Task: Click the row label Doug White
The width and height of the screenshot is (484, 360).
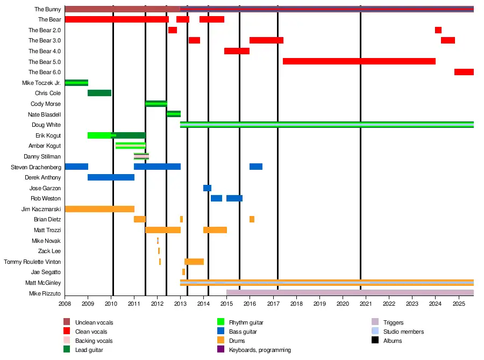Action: click(46, 125)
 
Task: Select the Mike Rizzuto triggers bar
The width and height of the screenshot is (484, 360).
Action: click(350, 293)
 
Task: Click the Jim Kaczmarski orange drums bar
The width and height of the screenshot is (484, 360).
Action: click(99, 209)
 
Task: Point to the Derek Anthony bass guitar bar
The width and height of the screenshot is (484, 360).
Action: click(111, 177)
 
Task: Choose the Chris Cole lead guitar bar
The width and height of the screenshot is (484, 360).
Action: click(99, 93)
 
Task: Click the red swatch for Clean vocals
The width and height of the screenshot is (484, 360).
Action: click(67, 332)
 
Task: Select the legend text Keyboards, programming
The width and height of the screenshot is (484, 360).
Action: click(260, 350)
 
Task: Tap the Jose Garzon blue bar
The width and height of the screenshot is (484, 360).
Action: click(207, 188)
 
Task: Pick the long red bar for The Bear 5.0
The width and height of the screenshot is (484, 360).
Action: click(359, 61)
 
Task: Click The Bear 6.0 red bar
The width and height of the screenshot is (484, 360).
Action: click(464, 72)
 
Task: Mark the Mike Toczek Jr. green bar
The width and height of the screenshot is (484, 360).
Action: click(76, 83)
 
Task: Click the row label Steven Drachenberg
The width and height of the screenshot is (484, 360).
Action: click(35, 167)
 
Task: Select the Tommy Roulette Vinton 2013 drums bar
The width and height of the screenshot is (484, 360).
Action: click(194, 262)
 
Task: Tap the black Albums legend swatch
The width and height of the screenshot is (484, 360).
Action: click(375, 341)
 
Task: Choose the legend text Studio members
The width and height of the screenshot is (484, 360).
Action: click(403, 332)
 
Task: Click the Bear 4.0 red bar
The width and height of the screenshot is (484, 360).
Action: click(237, 51)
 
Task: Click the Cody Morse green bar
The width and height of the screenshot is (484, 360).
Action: click(156, 104)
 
